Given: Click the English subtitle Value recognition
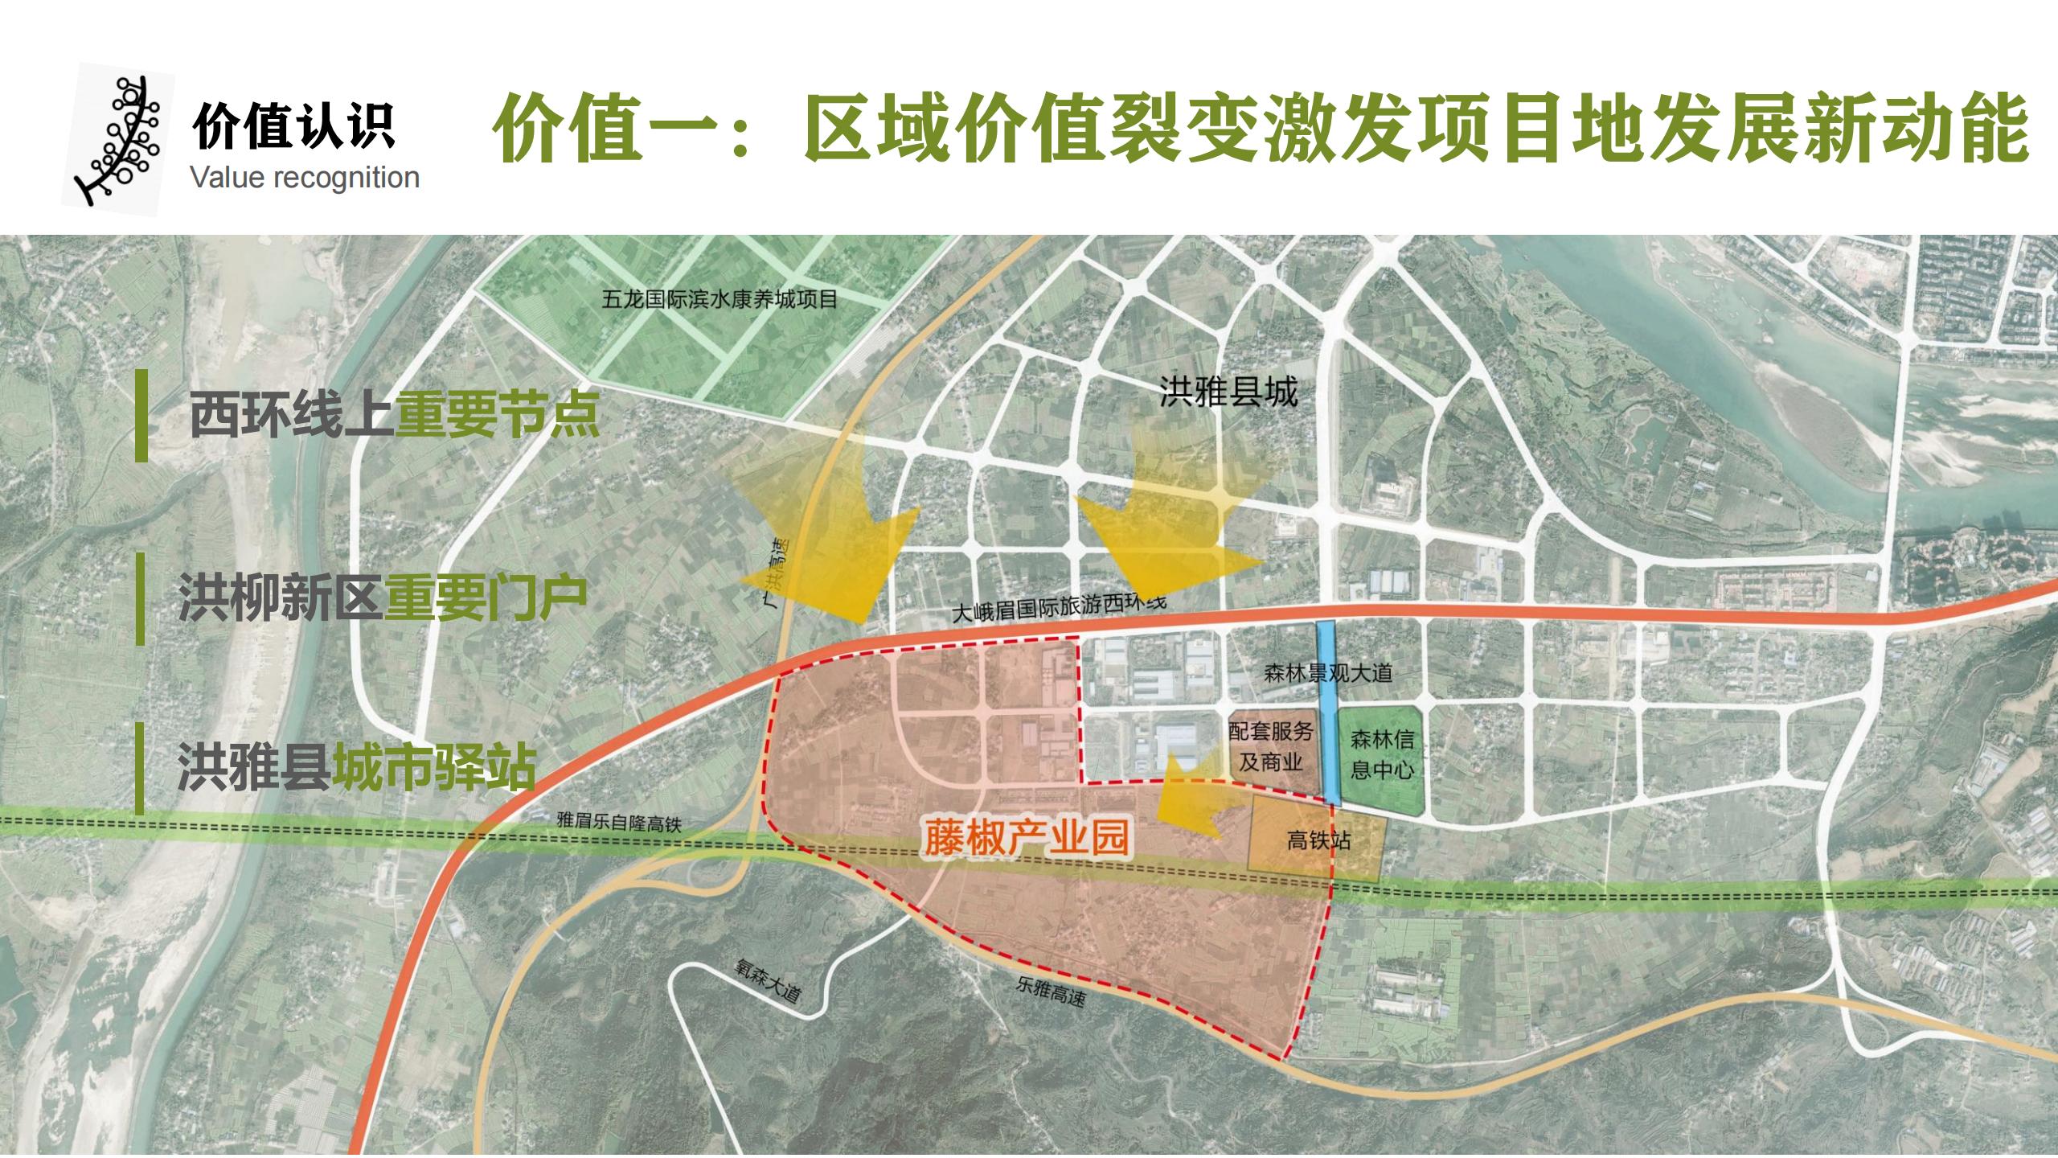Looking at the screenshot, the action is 305,178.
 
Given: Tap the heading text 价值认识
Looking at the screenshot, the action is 293,127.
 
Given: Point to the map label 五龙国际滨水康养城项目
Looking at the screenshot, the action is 719,300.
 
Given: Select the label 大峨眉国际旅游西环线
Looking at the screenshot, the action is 1058,608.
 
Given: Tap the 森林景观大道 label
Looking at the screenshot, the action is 1327,672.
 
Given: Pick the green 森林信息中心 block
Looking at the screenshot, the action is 1381,758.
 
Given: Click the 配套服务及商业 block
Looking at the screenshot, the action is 1273,748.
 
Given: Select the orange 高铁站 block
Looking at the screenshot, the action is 1317,840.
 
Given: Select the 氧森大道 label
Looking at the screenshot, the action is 768,979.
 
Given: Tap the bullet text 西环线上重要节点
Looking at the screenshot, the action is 394,417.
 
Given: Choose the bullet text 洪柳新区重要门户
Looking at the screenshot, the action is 382,597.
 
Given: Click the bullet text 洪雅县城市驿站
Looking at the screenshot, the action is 356,768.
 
